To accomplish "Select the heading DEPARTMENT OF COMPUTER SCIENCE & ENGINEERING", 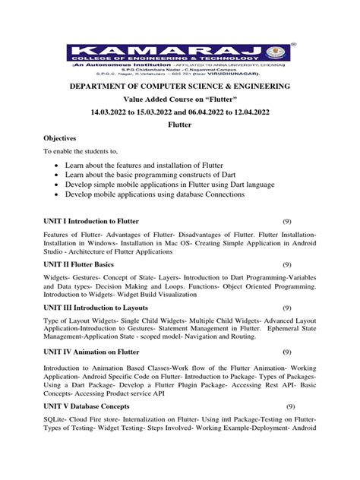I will (x=179, y=87).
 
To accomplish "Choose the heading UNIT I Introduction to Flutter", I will (x=95, y=220).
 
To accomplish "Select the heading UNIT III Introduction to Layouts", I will (x=103, y=308).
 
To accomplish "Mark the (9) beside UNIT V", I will (x=289, y=407).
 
